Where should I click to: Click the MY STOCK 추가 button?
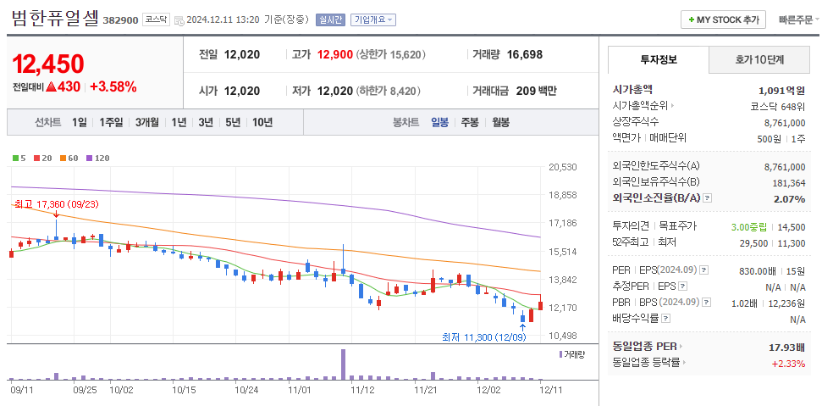(724, 19)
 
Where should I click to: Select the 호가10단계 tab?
(759, 59)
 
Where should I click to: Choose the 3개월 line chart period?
(149, 122)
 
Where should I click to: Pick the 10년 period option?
(262, 122)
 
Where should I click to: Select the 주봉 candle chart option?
(470, 122)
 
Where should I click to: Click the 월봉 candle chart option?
(500, 122)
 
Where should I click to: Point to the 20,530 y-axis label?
(562, 167)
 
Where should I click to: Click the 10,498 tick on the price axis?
(562, 336)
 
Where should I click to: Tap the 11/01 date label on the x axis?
(300, 391)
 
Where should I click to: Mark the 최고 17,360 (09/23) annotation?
(56, 204)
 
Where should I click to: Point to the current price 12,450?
(48, 64)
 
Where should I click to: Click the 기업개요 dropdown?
(372, 19)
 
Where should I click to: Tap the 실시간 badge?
(329, 19)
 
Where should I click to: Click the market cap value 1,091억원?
(781, 89)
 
